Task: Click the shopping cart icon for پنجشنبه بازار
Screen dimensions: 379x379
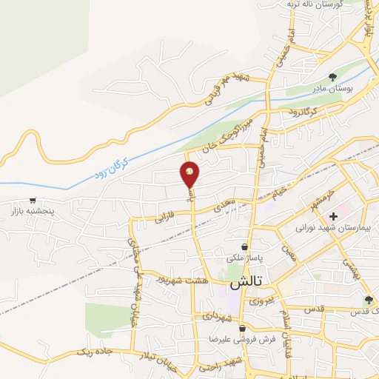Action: coord(33,200)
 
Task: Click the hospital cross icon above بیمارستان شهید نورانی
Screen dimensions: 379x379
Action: coord(334,216)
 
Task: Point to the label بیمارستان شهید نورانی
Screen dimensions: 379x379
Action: coord(326,228)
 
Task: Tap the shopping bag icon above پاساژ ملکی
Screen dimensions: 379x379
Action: coord(244,247)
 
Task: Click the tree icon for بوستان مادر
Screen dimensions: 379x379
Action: coord(333,77)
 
